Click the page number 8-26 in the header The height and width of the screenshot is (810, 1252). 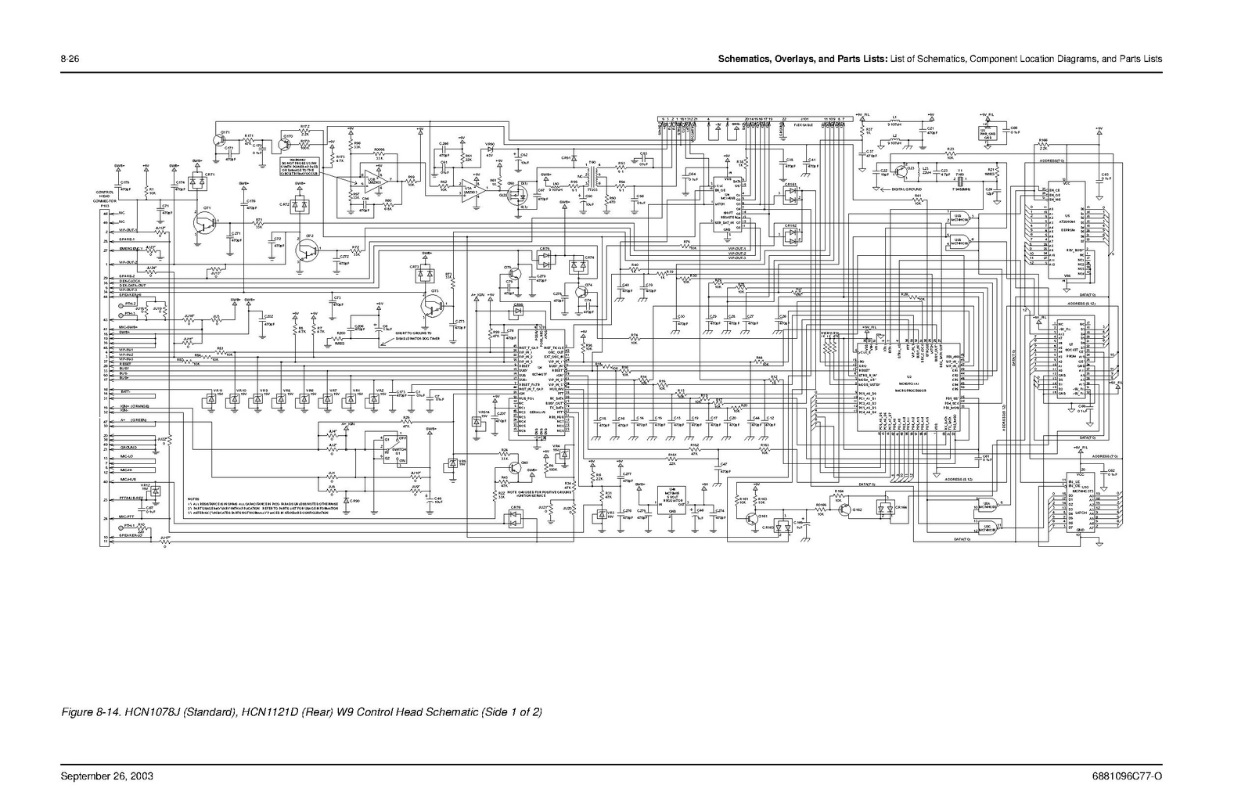(71, 59)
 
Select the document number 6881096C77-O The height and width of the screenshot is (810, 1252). (1127, 776)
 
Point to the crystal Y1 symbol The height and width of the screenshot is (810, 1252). (961, 182)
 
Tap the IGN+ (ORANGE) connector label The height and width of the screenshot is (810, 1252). (138, 407)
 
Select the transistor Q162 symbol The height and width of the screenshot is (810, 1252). (846, 509)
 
